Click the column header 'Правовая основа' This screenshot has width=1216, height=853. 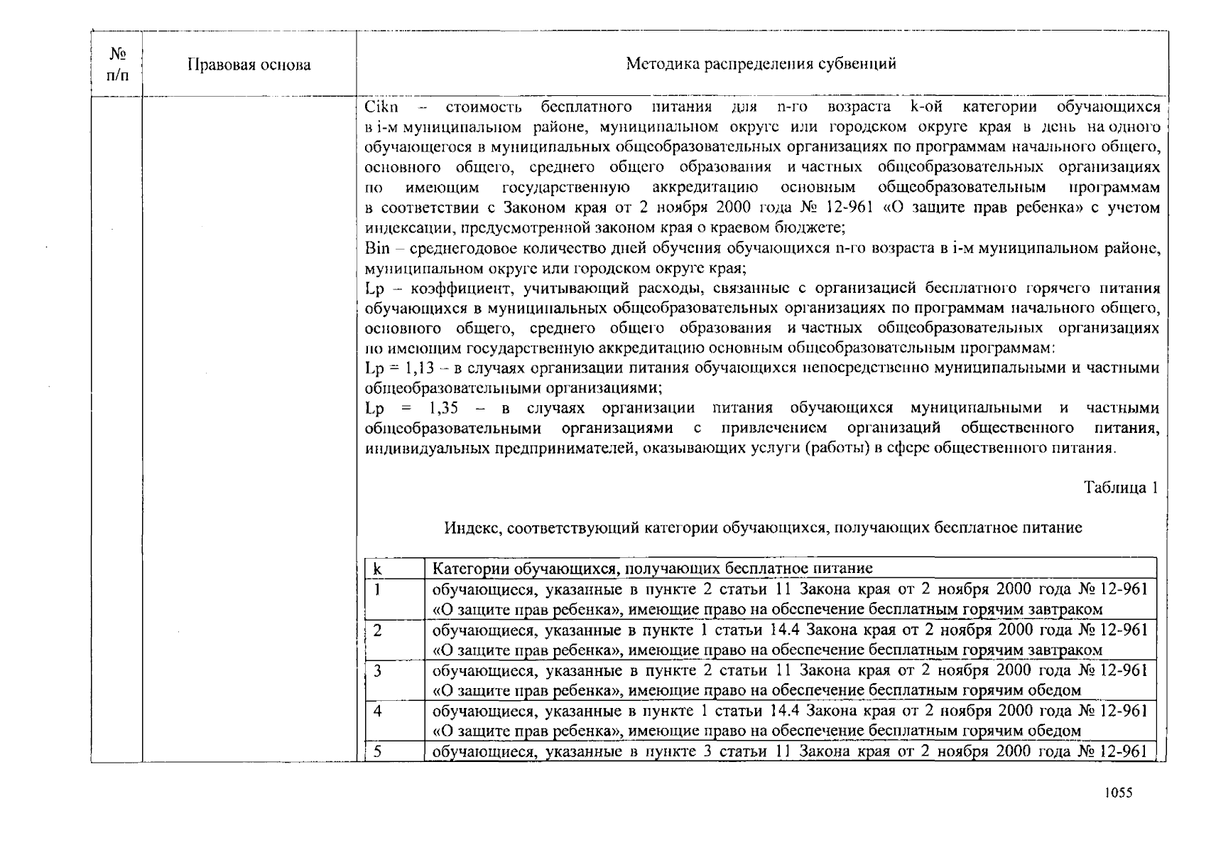click(x=249, y=65)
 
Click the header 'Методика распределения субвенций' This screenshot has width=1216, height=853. click(x=761, y=64)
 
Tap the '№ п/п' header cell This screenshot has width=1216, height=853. click(x=117, y=64)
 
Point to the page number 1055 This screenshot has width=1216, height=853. click(x=1118, y=793)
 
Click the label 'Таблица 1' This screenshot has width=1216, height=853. click(x=1120, y=488)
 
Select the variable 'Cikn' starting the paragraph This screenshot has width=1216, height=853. click(x=381, y=107)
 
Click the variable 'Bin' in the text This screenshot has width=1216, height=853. click(x=377, y=249)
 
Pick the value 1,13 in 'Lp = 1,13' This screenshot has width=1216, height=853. click(x=419, y=368)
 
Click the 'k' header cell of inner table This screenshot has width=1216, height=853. click(x=378, y=569)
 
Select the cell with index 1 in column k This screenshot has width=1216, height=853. click(x=378, y=590)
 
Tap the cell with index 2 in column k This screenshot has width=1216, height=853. click(x=378, y=631)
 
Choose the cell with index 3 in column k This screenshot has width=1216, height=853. click(x=378, y=671)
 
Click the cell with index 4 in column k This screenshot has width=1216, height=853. click(x=378, y=711)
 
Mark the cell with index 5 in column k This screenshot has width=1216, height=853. click(x=378, y=751)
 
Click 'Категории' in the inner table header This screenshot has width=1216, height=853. click(x=471, y=569)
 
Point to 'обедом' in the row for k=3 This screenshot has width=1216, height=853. click(x=1058, y=690)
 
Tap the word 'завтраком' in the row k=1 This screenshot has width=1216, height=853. click(x=1068, y=610)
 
